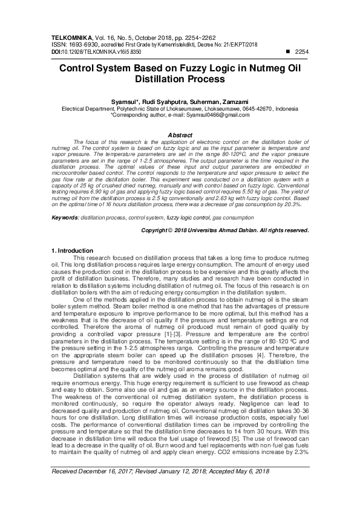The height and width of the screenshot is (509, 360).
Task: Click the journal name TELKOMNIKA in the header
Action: [70, 37]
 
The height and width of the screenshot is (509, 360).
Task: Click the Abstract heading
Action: [180, 135]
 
